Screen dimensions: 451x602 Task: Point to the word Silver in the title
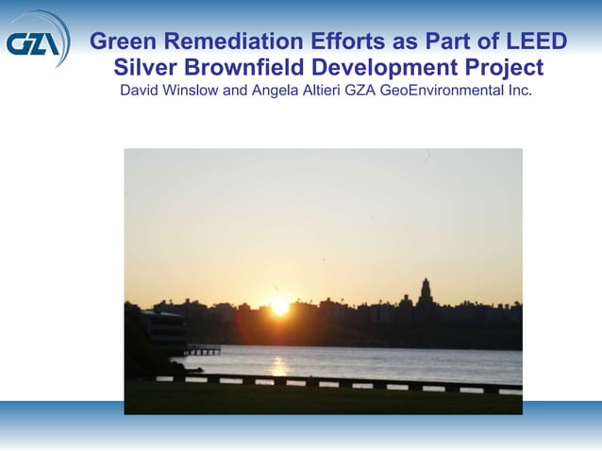coord(144,68)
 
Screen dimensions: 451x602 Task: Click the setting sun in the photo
coord(280,306)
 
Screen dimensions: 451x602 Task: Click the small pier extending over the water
coord(203,349)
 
